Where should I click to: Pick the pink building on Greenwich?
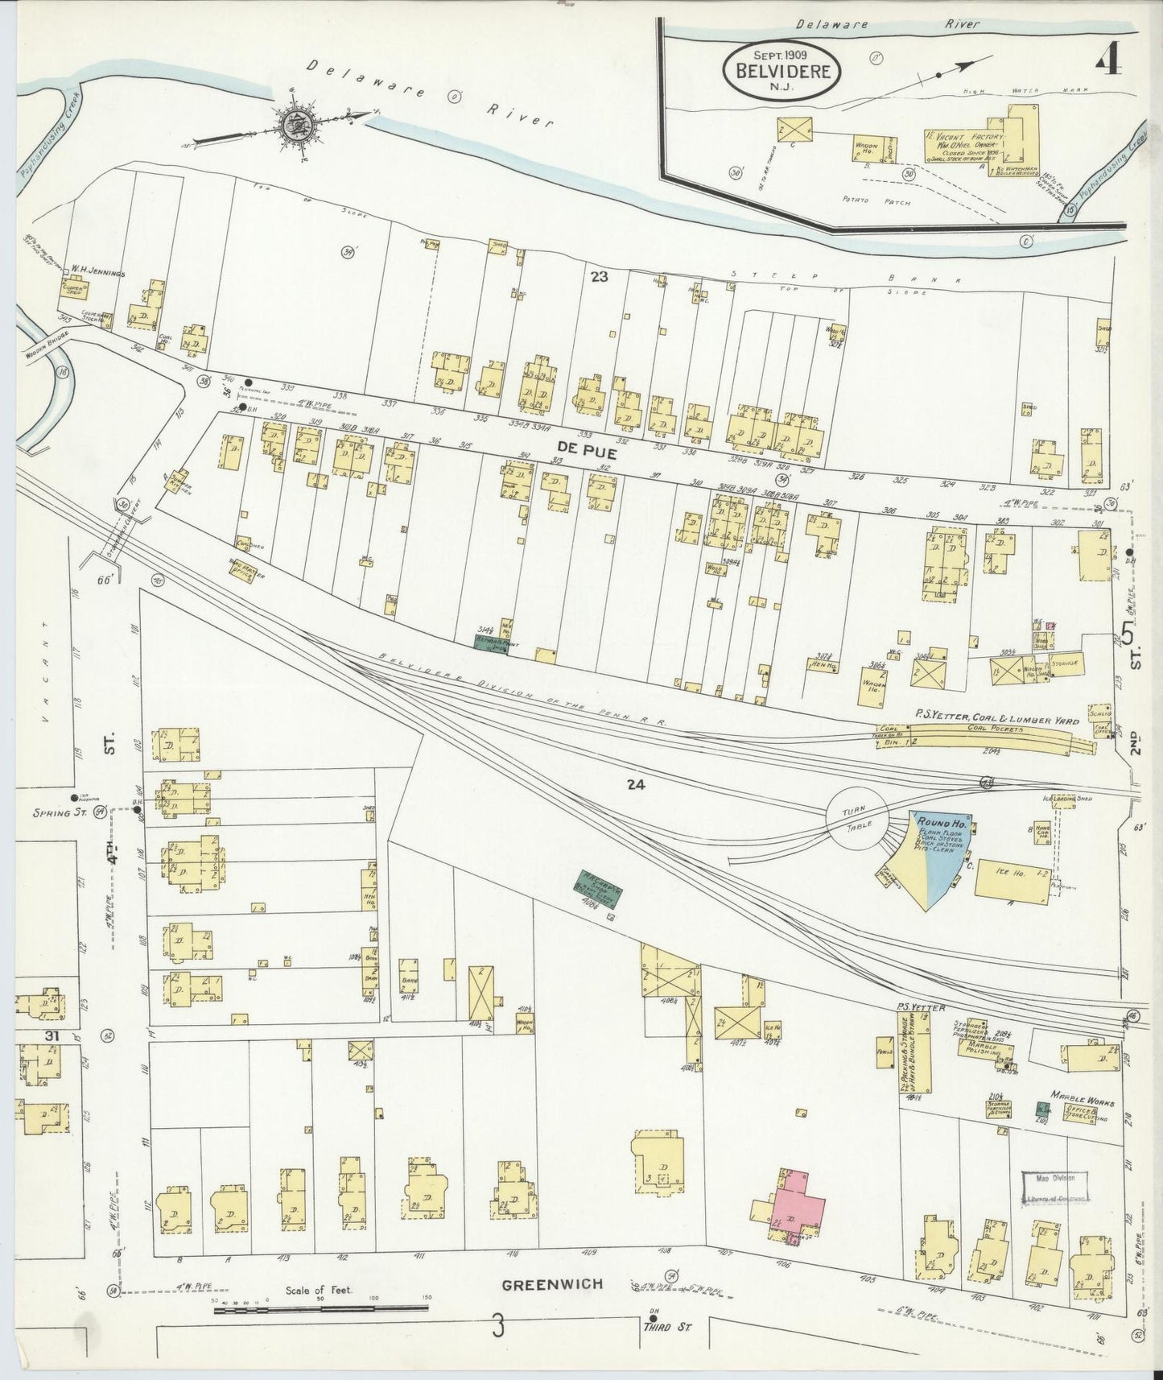pos(797,1207)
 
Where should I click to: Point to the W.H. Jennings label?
pos(97,273)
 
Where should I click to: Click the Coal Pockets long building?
pos(998,734)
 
